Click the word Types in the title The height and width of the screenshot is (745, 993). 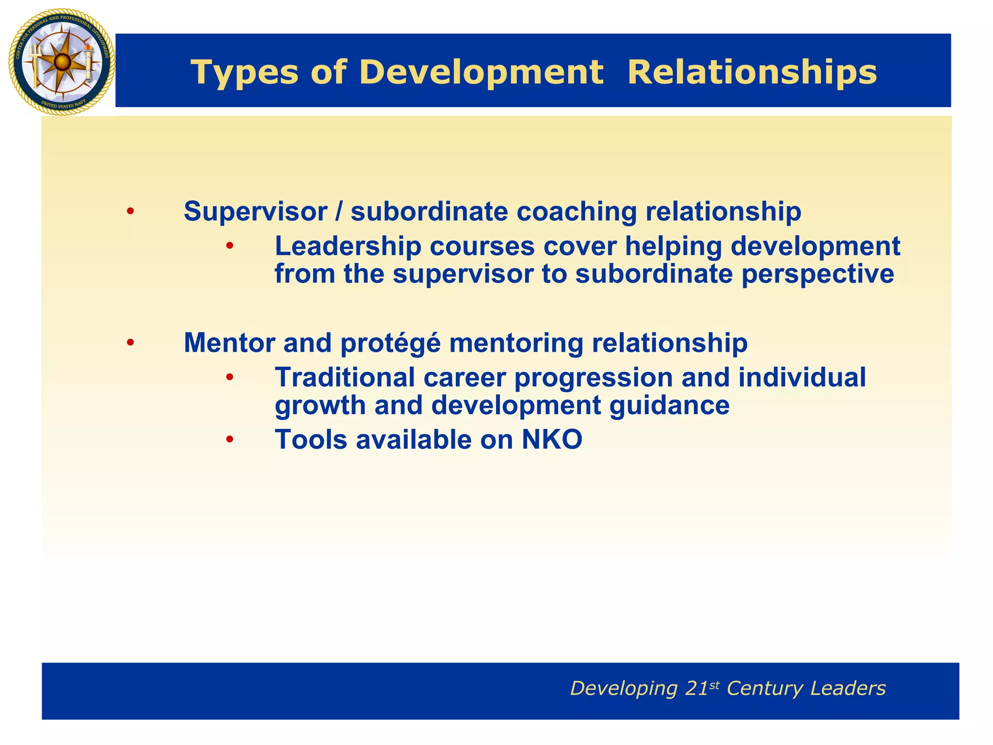click(x=244, y=73)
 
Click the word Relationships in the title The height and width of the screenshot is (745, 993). click(x=752, y=73)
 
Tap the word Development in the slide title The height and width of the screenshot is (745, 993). click(x=481, y=73)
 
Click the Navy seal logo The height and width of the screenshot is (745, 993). click(x=62, y=62)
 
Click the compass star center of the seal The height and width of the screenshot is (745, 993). click(x=62, y=62)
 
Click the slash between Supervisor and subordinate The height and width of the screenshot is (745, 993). click(x=339, y=212)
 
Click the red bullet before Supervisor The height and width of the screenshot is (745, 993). click(x=130, y=212)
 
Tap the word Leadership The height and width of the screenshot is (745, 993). click(x=348, y=246)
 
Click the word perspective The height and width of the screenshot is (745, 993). click(x=817, y=274)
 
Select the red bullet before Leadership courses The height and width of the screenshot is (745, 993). click(x=229, y=246)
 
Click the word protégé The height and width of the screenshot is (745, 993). click(x=390, y=343)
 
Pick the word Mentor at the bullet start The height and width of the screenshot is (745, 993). click(x=229, y=343)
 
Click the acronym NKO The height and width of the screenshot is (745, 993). click(x=552, y=440)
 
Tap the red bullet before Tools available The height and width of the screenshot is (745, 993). click(x=229, y=440)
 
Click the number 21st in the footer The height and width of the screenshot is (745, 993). click(x=702, y=688)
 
